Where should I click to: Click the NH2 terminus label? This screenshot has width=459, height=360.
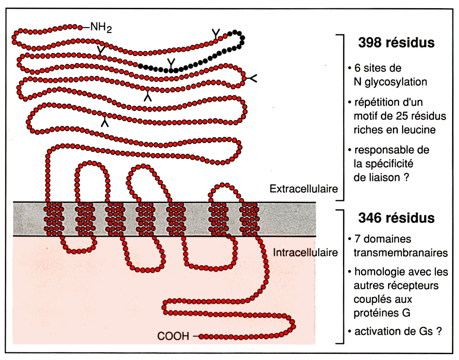[101, 27]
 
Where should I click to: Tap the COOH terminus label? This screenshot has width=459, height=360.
[173, 336]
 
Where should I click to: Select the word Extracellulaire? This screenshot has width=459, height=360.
[303, 189]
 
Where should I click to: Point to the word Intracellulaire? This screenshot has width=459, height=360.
[305, 253]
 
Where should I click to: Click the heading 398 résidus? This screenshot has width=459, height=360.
[396, 43]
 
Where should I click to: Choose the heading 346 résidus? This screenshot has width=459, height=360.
[396, 218]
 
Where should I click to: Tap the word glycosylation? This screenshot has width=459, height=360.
[396, 82]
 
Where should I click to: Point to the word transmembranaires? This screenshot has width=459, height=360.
[400, 253]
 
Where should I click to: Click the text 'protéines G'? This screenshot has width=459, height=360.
[382, 313]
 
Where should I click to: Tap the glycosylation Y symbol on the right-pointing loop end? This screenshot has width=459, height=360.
[252, 78]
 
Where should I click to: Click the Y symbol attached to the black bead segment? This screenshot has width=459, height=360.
[171, 63]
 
